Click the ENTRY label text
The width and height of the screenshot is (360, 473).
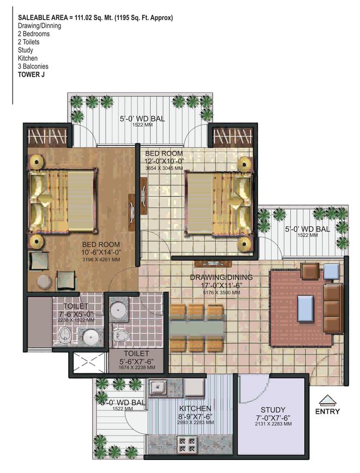(327, 411)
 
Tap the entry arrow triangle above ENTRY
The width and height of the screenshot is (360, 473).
(327, 400)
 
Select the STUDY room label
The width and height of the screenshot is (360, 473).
(273, 410)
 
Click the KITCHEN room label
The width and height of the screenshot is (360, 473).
(195, 408)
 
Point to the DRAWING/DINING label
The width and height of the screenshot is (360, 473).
(221, 277)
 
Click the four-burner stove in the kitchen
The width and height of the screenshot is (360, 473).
(187, 445)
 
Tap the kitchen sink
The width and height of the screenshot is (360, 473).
(157, 387)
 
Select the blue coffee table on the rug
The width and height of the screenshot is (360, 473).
(306, 309)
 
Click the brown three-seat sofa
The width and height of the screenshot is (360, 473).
(333, 308)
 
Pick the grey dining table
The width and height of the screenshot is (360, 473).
(197, 328)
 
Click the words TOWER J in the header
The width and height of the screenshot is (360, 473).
(31, 75)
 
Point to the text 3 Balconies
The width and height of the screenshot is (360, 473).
(33, 66)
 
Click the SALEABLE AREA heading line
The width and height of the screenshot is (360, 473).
(95, 18)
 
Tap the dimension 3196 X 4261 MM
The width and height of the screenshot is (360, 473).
(101, 260)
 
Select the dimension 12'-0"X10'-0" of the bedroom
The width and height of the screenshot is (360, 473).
(164, 161)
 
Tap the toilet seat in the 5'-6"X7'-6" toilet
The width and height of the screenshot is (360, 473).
(121, 335)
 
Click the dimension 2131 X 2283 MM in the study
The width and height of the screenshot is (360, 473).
(273, 424)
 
